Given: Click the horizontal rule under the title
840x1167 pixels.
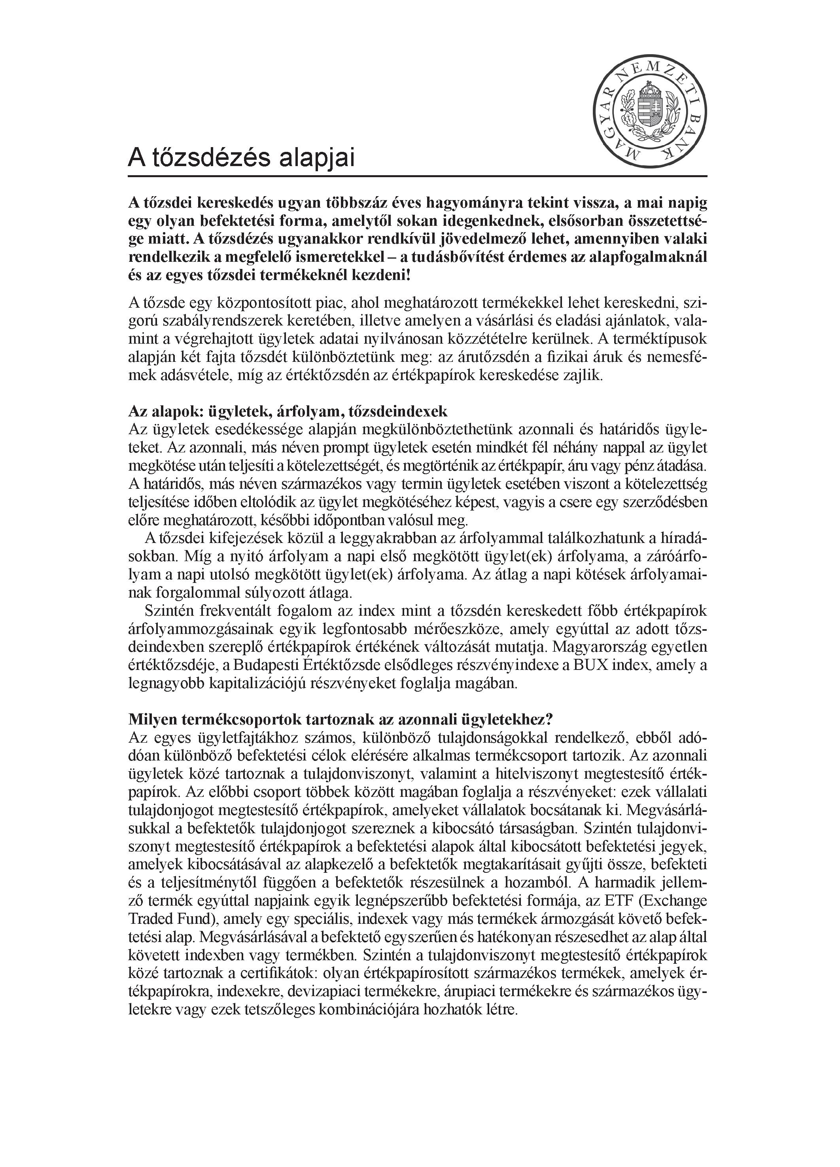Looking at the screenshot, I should pos(417,176).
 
